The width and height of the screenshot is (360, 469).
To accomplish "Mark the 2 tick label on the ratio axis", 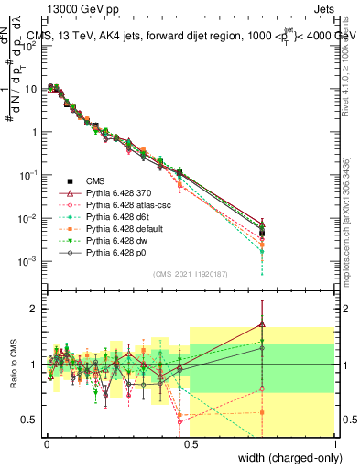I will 34,309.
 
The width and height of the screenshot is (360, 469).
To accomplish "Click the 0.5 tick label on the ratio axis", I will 30,420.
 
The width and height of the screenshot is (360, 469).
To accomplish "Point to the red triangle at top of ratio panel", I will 262,323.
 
